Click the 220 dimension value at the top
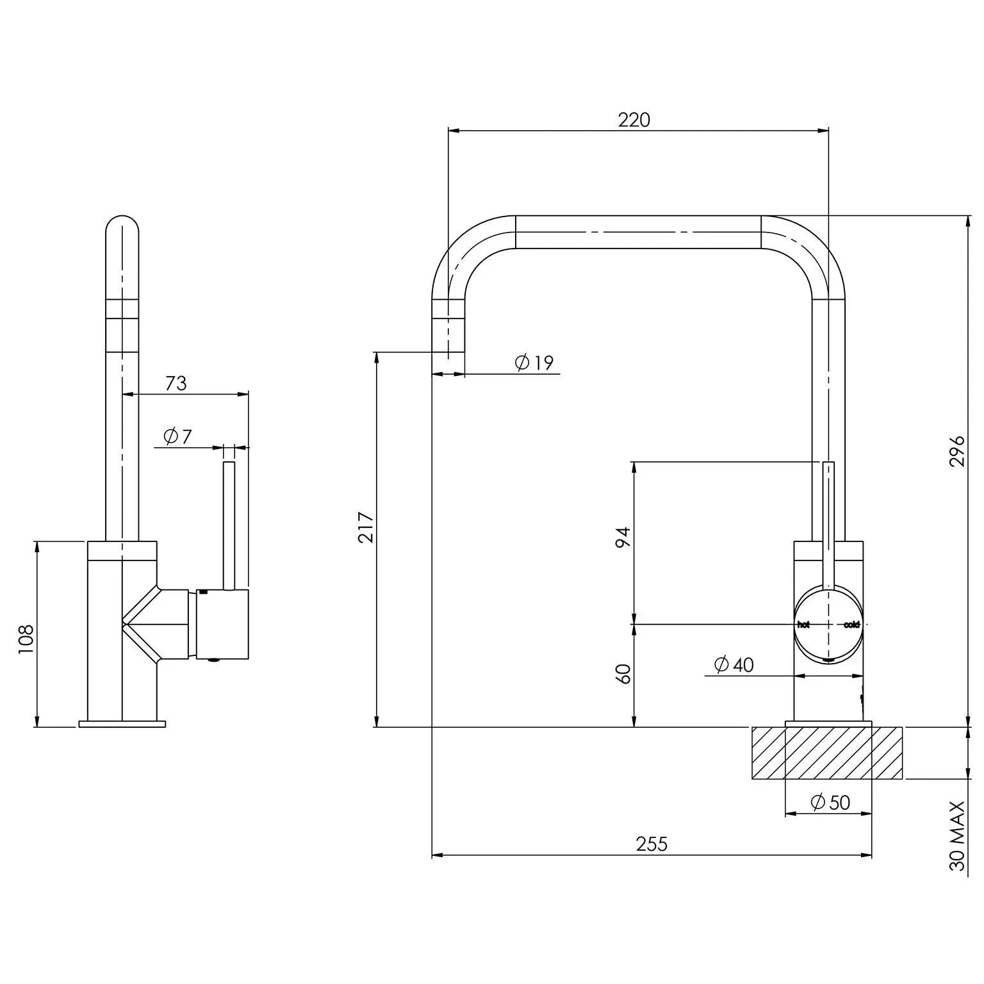tap(634, 120)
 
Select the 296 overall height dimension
tap(956, 451)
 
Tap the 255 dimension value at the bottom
tap(652, 844)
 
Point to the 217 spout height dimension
tap(366, 527)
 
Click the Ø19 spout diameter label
tap(534, 363)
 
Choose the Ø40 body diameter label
tap(734, 664)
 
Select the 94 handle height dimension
tap(623, 537)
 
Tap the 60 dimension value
tap(623, 673)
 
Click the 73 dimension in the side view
tap(176, 383)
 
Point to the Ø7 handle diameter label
tap(177, 436)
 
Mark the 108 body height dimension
tap(26, 638)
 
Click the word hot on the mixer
tap(803, 625)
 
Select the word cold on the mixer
tap(851, 625)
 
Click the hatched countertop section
tap(826, 753)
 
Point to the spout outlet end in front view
tap(448, 365)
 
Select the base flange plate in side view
tap(122, 724)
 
